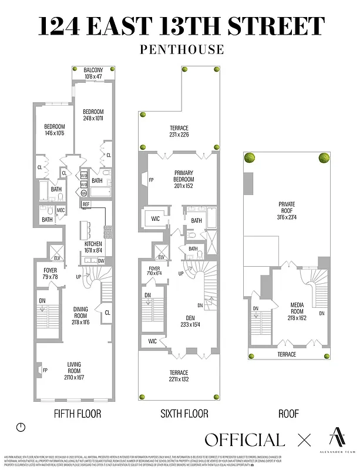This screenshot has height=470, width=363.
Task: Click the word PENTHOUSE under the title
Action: (181, 49)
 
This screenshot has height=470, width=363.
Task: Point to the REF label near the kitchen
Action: (86, 204)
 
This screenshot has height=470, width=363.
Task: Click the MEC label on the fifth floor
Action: (60, 210)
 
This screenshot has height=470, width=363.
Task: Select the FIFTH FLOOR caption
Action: (77, 414)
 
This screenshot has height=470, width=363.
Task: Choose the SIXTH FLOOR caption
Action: (184, 414)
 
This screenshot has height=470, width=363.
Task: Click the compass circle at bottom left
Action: (22, 428)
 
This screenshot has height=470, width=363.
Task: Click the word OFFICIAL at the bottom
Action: (244, 439)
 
